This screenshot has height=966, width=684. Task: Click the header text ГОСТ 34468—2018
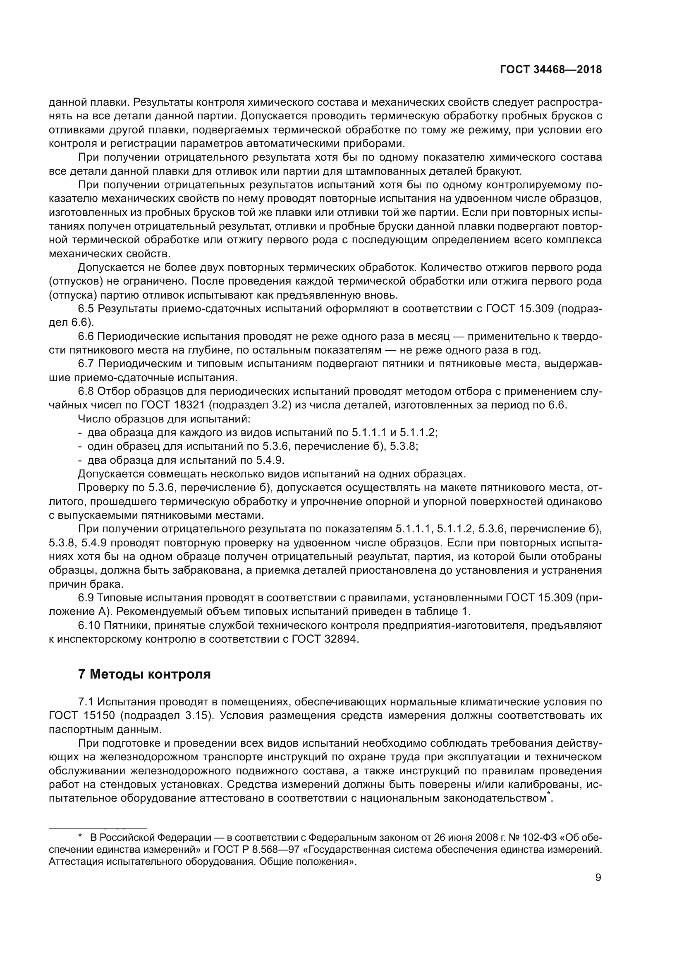click(x=550, y=69)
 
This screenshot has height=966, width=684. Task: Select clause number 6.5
click(x=86, y=309)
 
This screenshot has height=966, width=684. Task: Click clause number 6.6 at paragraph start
click(x=86, y=336)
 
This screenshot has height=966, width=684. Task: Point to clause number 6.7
click(x=86, y=363)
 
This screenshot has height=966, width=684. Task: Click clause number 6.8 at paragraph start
click(x=86, y=391)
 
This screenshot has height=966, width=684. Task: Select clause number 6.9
click(x=86, y=598)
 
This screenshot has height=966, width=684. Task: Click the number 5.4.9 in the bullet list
click(x=271, y=460)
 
